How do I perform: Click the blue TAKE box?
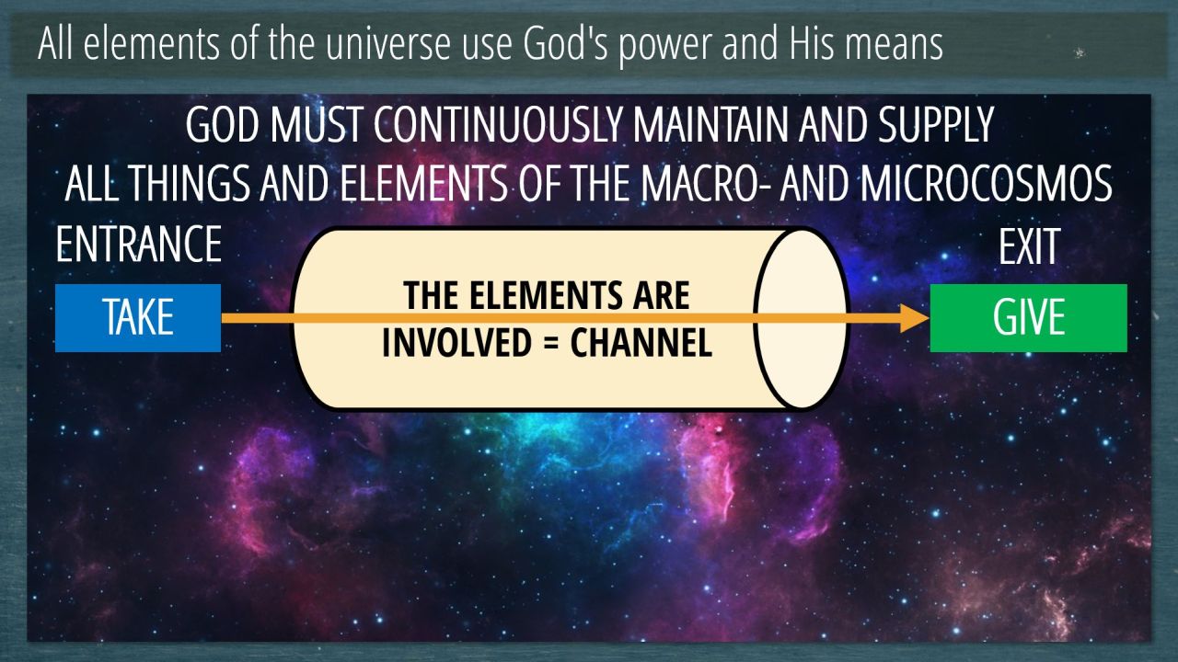click(x=138, y=318)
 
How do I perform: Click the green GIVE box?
click(x=1029, y=318)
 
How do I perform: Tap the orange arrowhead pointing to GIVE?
click(x=914, y=318)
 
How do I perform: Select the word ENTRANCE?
click(x=139, y=244)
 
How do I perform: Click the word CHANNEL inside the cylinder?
click(x=641, y=343)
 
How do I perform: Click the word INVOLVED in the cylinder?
click(x=456, y=343)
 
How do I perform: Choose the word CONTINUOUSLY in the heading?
click(x=499, y=125)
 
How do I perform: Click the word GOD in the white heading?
click(x=223, y=125)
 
